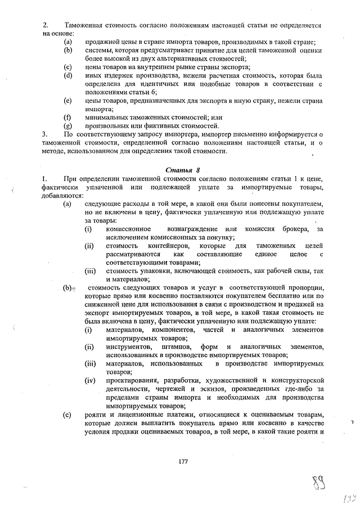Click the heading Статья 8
point(183,170)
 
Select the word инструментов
point(129,346)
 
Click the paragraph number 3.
point(45,134)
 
